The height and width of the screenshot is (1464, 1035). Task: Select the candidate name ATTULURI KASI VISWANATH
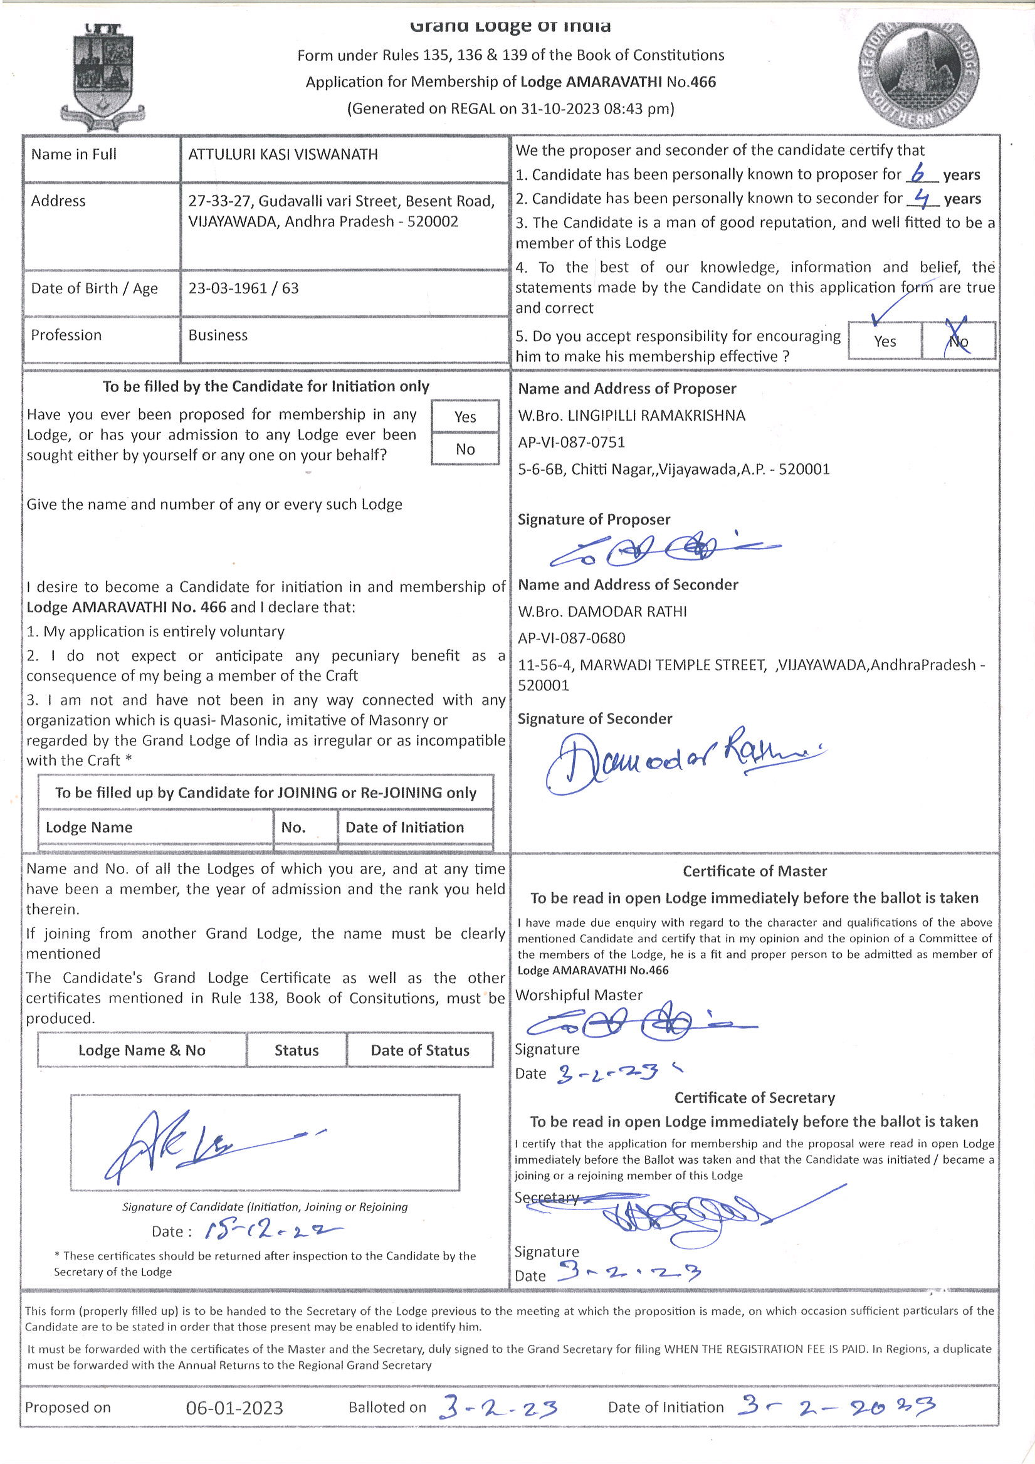click(283, 154)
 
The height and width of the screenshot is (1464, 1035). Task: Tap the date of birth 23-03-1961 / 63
click(243, 288)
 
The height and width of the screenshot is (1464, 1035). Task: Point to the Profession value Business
click(218, 335)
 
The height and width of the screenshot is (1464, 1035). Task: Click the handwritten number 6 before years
click(918, 173)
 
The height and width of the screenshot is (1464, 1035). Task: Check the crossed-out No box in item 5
click(958, 340)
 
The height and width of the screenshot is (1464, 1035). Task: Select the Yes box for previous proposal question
click(465, 416)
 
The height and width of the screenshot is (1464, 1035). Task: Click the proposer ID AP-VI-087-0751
click(571, 442)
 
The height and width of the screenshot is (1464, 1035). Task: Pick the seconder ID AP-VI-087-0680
click(571, 638)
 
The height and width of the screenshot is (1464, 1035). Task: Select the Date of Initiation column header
click(404, 827)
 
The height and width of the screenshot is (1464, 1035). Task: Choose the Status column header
click(297, 1050)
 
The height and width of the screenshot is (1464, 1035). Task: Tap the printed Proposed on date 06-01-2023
click(234, 1407)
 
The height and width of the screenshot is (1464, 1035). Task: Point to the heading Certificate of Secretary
click(754, 1097)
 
